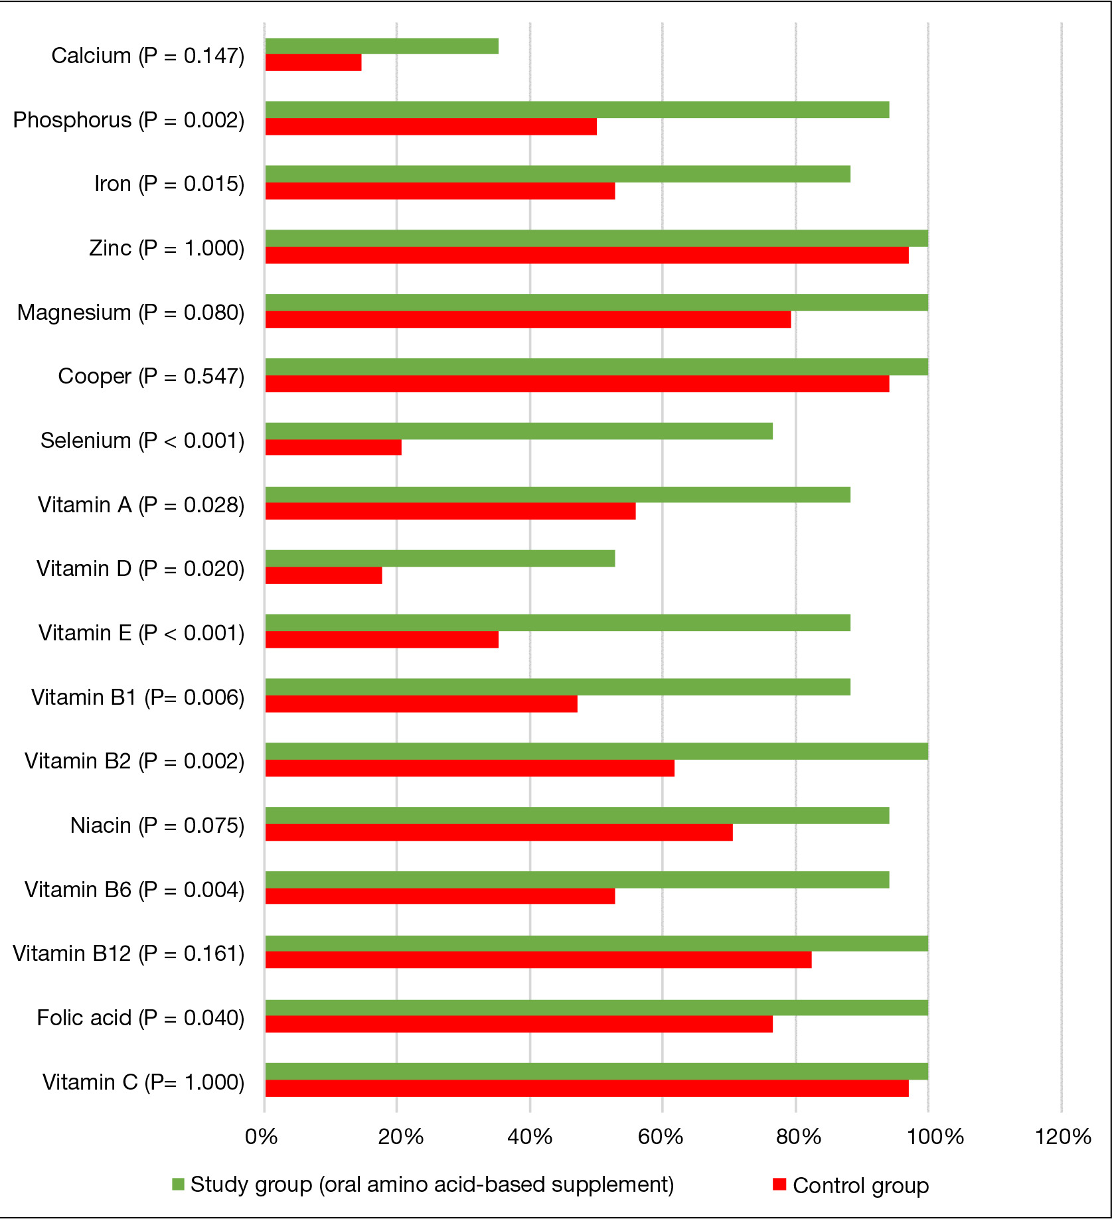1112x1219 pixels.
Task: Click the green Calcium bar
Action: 382,46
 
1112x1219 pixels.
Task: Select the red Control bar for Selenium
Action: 333,447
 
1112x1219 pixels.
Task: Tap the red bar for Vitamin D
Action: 323,575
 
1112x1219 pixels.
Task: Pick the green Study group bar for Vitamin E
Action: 558,622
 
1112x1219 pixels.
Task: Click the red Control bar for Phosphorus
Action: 431,126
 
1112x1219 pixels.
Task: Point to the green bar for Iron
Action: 558,174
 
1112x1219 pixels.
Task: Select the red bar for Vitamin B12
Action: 538,960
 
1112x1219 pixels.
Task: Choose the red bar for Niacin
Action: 499,832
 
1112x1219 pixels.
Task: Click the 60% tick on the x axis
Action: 661,1137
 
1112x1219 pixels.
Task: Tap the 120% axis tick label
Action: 1063,1137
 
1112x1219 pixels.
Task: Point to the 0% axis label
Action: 261,1137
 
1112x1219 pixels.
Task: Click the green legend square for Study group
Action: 178,1184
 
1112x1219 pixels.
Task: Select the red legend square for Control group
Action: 779,1184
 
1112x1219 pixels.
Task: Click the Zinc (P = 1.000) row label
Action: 167,248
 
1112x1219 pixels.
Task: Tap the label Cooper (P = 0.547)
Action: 151,376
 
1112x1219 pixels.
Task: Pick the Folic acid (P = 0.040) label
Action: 141,1017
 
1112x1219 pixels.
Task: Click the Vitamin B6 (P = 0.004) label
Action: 135,889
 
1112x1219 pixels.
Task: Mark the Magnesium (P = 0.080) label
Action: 131,312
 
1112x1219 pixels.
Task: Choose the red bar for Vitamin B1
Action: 422,704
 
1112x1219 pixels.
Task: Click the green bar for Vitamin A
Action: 558,494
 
